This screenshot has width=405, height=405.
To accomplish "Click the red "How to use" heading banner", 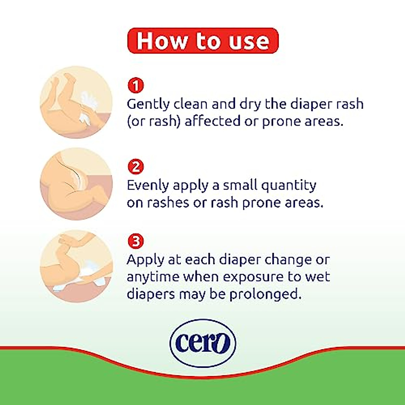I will (203, 41).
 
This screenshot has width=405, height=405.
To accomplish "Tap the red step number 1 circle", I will (136, 86).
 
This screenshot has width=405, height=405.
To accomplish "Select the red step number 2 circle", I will (136, 167).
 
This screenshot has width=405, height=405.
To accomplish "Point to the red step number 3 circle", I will (136, 241).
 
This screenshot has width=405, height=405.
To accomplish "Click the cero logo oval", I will (203, 343).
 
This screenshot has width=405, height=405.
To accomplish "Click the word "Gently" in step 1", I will (148, 104).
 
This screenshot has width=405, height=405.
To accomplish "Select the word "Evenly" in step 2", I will (148, 186).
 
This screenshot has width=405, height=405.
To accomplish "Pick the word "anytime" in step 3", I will (153, 277).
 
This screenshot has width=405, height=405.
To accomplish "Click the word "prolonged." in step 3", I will (265, 294).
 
